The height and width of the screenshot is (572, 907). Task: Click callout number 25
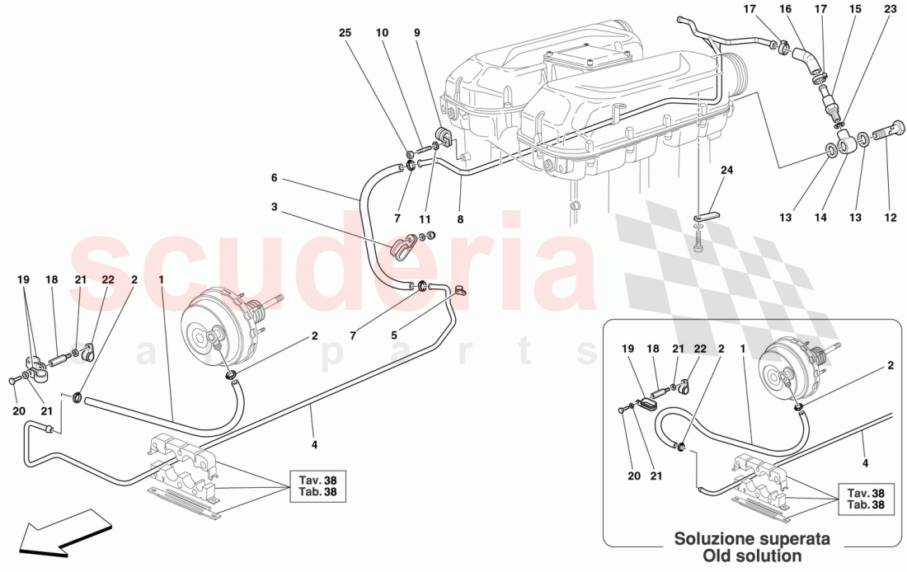click(345, 33)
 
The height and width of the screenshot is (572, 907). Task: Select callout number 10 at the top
click(382, 33)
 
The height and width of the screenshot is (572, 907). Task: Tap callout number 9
click(416, 33)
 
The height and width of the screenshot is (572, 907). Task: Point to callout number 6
click(275, 177)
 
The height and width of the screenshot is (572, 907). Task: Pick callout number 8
click(460, 219)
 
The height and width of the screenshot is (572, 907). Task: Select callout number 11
click(425, 219)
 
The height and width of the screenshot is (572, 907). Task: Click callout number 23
click(890, 9)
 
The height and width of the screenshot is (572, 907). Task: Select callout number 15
click(855, 9)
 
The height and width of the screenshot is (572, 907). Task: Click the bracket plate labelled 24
click(705, 216)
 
